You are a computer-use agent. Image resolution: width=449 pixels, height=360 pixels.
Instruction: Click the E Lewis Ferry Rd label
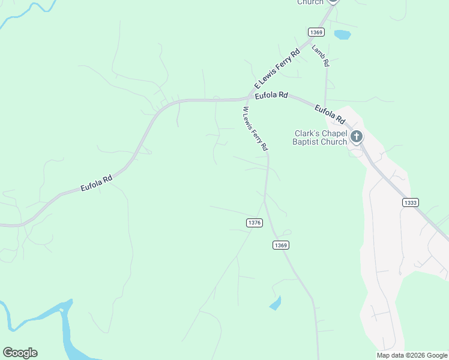coord(277,70)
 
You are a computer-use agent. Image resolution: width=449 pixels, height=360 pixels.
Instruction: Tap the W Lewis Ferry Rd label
coord(255,128)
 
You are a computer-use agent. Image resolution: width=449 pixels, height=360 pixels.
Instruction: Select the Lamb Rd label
coord(321,55)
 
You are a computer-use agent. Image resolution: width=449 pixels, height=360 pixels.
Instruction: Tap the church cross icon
coord(357,137)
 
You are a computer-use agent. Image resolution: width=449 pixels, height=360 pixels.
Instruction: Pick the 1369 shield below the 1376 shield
coord(280,245)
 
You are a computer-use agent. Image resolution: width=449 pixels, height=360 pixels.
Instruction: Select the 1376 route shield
coord(254,223)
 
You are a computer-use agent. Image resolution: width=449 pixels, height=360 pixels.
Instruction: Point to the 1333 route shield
coord(411,203)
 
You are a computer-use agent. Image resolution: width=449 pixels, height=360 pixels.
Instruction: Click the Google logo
coord(20,353)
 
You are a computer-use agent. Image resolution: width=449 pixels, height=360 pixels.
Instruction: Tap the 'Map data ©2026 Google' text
coord(412,355)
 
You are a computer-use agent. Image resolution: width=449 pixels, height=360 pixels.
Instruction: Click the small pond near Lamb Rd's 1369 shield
coord(342,34)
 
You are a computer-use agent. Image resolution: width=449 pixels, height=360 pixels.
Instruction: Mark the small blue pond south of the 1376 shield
coord(276,303)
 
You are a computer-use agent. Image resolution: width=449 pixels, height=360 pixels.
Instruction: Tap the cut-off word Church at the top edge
coord(310,2)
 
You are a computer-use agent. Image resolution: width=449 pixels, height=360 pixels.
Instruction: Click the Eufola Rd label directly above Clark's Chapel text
coord(331,112)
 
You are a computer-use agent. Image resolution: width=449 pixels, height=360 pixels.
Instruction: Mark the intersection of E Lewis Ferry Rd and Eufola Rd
coord(250,97)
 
